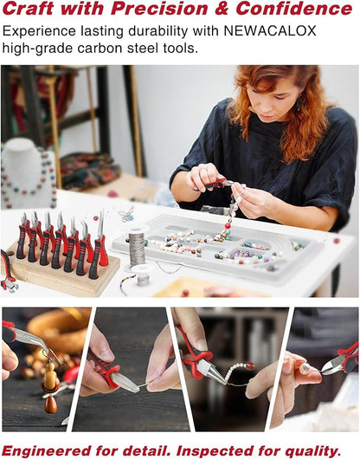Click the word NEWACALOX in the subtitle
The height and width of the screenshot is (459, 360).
point(270,31)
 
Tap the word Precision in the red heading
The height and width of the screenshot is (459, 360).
point(159,9)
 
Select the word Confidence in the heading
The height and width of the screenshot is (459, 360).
point(294,9)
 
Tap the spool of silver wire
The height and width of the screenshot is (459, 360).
point(137,249)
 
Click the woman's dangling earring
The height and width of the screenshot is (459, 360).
point(299,102)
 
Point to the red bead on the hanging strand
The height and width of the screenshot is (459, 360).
point(228,226)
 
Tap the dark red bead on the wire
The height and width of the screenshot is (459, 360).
point(250,365)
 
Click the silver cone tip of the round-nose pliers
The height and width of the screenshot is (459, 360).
point(216,374)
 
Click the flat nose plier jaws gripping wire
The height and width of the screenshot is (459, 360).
point(125,383)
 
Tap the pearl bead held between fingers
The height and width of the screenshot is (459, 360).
point(305,369)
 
